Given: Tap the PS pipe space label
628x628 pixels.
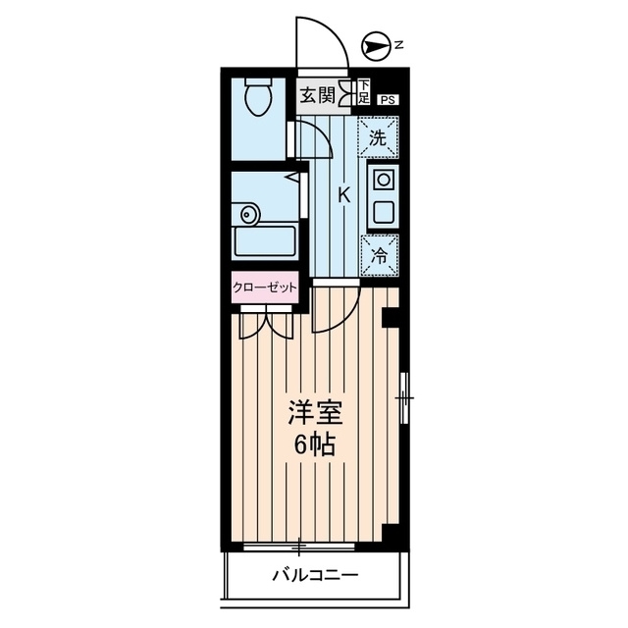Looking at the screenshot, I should point(389,98).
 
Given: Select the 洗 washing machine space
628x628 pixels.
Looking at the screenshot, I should point(378,137).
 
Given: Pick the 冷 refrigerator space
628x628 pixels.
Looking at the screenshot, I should point(378,255).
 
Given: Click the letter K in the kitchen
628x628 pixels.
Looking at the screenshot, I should point(343,194).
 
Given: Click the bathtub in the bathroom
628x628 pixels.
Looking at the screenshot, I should point(265,241).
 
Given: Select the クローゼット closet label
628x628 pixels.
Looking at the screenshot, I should point(265,288).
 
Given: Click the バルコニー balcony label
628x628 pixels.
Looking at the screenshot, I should point(315,574).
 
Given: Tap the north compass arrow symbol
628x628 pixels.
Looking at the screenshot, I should point(374,43).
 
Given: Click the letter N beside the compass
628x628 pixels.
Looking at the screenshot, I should point(399,43).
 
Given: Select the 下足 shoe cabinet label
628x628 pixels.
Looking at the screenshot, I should point(363,92).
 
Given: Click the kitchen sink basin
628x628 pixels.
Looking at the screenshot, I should point(383,211).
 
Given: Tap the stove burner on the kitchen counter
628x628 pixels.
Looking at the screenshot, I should point(383,179).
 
